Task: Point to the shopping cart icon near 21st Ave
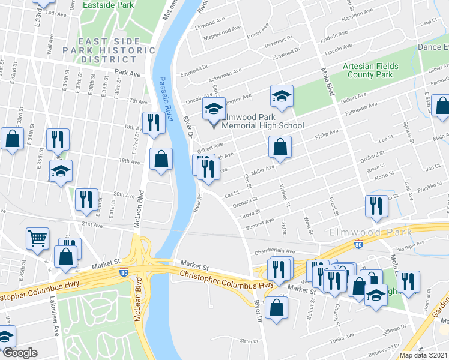37,238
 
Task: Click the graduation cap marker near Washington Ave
280,96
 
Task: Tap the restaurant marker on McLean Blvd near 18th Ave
154,122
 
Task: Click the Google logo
20,353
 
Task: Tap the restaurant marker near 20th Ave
86,199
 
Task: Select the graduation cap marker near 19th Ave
61,171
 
